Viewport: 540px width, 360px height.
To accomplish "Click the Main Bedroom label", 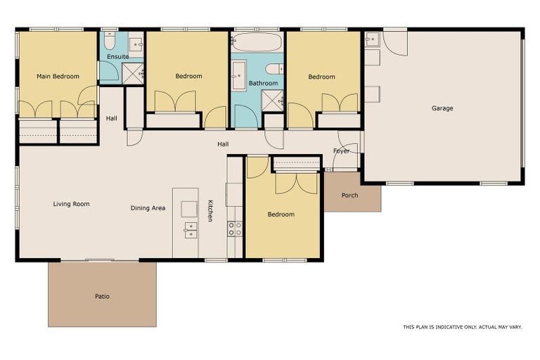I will (58, 76).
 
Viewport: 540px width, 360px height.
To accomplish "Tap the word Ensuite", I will (117, 56).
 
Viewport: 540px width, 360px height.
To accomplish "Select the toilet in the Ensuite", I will (110, 41).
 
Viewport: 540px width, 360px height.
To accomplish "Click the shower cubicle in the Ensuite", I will (133, 73).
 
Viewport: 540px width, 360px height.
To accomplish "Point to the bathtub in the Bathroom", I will (256, 42).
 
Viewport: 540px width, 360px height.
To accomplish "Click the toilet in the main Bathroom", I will (275, 68).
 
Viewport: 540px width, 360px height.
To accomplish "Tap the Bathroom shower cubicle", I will (272, 101).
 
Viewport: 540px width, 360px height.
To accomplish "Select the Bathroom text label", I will (263, 83).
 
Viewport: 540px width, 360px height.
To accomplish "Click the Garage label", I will (442, 108).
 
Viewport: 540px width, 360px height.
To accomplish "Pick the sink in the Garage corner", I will (372, 39).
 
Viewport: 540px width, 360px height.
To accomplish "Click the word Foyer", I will (341, 150).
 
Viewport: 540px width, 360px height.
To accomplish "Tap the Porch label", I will (349, 195).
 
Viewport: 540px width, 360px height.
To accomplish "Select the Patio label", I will (102, 296).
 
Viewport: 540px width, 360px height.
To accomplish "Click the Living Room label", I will (71, 204).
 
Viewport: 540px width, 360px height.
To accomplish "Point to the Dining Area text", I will (148, 208).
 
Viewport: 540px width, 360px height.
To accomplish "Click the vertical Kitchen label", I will (210, 211).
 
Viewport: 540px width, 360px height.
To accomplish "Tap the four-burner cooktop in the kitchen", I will (234, 229).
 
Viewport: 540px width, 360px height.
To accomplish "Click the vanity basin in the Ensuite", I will (136, 44).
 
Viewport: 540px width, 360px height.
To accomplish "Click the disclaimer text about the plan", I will (463, 327).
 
